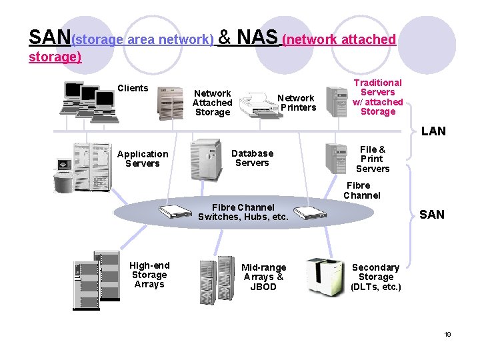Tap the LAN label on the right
[433, 131]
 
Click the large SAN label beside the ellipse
[431, 215]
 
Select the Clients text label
[133, 89]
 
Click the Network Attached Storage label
[212, 103]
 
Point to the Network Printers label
[297, 103]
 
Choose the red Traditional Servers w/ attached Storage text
[378, 97]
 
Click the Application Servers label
[143, 159]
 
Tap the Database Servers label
[252, 158]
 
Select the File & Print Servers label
[372, 159]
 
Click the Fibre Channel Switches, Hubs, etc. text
[243, 212]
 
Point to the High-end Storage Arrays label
[149, 275]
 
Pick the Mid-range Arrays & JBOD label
[263, 277]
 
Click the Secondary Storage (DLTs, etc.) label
[376, 277]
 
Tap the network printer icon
[256, 104]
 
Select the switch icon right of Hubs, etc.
[311, 213]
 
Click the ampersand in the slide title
[225, 37]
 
